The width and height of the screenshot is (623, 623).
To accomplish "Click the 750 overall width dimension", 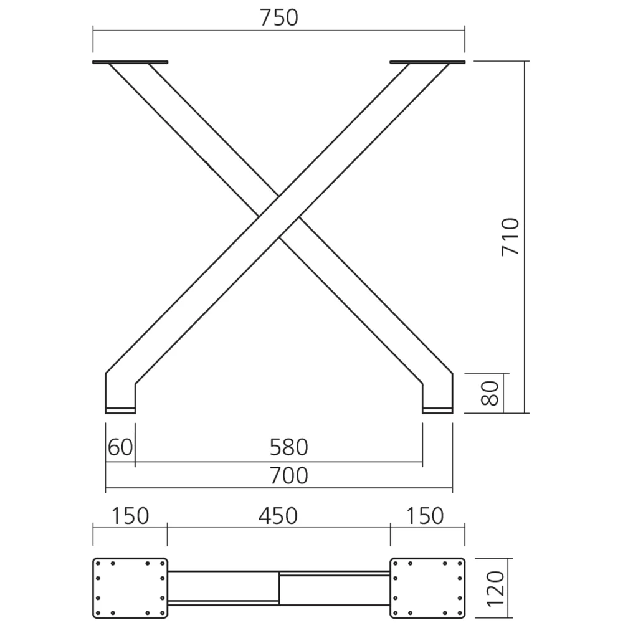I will (x=278, y=18).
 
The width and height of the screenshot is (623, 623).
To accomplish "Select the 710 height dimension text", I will (x=510, y=236).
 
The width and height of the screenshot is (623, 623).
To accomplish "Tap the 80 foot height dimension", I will (x=492, y=393).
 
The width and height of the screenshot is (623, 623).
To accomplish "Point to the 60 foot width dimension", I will (x=120, y=447).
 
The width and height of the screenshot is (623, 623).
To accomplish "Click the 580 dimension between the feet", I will (x=288, y=447).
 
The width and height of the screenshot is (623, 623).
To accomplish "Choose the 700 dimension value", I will (x=288, y=475).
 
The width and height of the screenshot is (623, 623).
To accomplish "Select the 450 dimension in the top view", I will (x=278, y=516).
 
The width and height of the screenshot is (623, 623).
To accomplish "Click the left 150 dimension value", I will (x=130, y=516).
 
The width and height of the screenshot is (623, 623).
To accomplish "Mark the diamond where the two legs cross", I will (x=278, y=216).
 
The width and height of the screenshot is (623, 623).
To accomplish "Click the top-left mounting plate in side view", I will (x=130, y=62).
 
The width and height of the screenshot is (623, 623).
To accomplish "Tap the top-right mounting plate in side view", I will (x=427, y=62).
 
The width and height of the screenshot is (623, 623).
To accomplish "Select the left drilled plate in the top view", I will (x=130, y=587).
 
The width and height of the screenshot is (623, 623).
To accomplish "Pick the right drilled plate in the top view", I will (x=427, y=587).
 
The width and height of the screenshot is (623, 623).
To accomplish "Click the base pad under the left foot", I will (x=120, y=410).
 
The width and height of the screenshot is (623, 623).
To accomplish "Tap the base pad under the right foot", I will (x=437, y=410).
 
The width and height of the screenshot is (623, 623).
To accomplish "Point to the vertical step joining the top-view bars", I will (x=278, y=587).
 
